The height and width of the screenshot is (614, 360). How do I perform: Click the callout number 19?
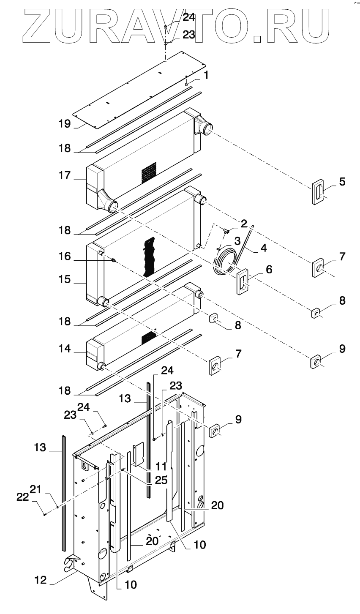65,124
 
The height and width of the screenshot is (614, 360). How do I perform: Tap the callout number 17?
65,175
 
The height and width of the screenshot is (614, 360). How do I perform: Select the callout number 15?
65,280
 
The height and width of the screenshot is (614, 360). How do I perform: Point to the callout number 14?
65,349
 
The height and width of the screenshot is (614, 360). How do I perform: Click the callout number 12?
41,580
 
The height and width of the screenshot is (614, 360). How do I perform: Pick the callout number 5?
342,182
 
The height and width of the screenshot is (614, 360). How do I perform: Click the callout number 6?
269,270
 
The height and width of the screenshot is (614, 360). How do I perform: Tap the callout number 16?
65,257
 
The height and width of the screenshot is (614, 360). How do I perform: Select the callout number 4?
264,248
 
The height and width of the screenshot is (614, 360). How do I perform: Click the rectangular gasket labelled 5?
317,192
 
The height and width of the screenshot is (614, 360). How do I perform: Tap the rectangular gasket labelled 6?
243,281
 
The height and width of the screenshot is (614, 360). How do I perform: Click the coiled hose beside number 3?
226,264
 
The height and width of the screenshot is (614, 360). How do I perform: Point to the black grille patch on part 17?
149,173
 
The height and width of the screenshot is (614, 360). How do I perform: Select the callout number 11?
161,466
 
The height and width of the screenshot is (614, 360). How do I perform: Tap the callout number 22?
22,497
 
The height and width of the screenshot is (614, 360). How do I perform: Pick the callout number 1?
206,75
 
